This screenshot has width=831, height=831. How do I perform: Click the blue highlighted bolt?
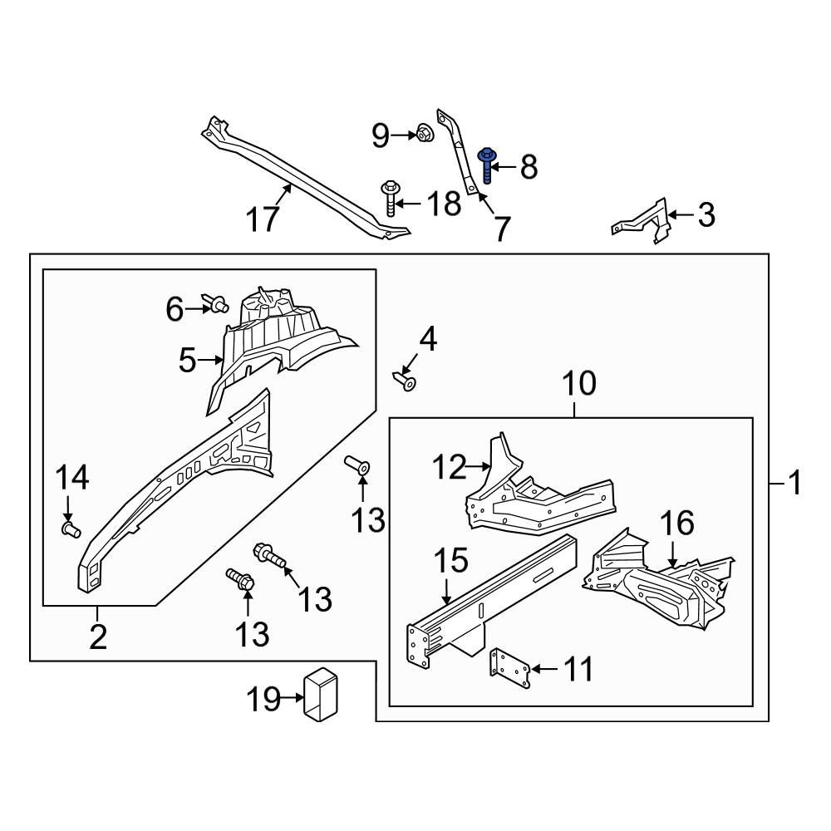[x=485, y=166]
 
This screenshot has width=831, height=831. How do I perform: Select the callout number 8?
[x=529, y=167]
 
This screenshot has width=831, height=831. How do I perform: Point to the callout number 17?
[x=263, y=220]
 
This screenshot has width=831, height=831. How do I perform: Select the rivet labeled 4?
[x=407, y=381]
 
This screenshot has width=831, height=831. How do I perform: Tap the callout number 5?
[x=189, y=361]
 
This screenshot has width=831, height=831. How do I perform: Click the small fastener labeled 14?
[x=70, y=528]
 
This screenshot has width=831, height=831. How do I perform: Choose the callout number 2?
[x=98, y=637]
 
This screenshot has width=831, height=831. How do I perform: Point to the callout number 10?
[x=579, y=384]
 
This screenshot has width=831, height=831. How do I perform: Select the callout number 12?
[x=450, y=468]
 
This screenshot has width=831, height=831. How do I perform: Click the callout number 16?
[x=676, y=524]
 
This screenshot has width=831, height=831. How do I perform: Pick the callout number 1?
[x=794, y=482]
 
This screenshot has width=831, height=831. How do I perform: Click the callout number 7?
[x=500, y=229]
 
